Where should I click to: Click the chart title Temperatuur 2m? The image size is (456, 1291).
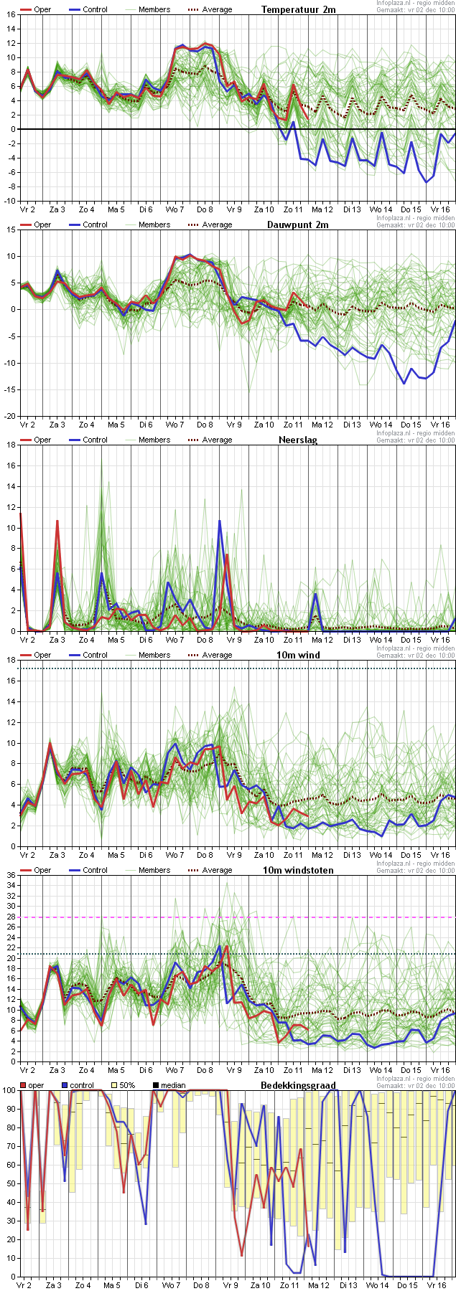[298, 9]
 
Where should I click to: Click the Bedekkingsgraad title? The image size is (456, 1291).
[298, 1085]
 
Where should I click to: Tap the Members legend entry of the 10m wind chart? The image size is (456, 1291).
[154, 655]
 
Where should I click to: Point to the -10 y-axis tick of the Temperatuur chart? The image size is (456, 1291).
[10, 201]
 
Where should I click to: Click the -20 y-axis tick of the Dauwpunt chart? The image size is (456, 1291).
[10, 416]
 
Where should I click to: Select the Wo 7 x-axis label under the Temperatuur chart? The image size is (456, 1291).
[175, 209]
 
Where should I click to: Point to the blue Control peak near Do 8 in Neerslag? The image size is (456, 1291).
[220, 521]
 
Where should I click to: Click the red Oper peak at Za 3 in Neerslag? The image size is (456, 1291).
[57, 521]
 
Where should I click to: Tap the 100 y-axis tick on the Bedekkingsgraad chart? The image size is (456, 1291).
[9, 1090]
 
